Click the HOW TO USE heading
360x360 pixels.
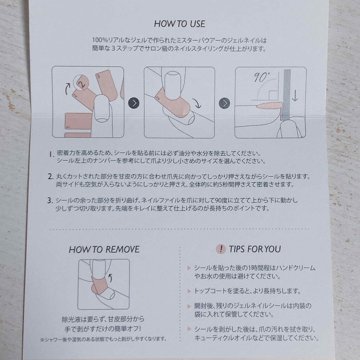pyautogui.click(x=180, y=24)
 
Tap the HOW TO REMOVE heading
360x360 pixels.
pyautogui.click(x=104, y=250)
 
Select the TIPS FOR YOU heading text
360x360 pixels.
pyautogui.click(x=255, y=249)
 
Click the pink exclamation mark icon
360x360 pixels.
pyautogui.click(x=221, y=249)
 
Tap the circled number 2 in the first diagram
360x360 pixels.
pyautogui.click(x=81, y=83)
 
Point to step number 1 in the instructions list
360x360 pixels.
pyautogui.click(x=51, y=155)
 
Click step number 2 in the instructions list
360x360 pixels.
pyautogui.click(x=51, y=177)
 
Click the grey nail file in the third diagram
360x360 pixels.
pyautogui.click(x=286, y=95)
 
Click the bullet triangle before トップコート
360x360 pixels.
pyautogui.click(x=190, y=291)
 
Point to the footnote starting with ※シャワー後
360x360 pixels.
pyautogui.click(x=103, y=339)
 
